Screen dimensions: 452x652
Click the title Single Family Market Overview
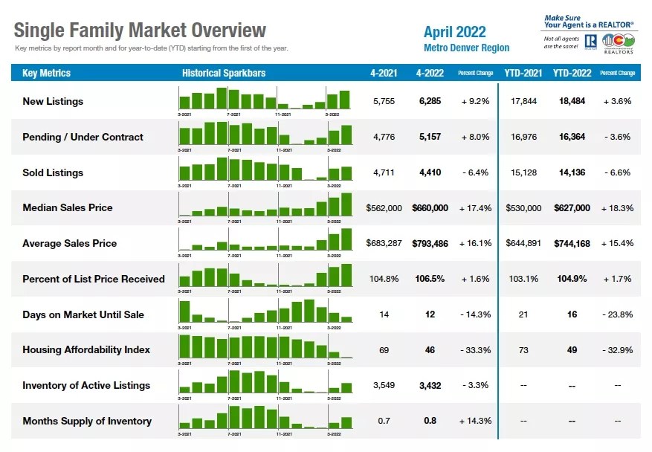[x=140, y=30]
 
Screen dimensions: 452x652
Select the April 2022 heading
[x=454, y=31]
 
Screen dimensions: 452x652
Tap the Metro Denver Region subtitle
[x=466, y=48]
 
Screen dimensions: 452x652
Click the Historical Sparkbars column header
[x=224, y=73]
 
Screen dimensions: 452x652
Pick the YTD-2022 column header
[x=572, y=73]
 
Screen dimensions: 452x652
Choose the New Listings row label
[x=53, y=101]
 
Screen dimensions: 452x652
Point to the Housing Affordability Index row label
[x=86, y=349]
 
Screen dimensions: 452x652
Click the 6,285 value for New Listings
[x=430, y=101]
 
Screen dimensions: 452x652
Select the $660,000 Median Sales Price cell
[x=430, y=208]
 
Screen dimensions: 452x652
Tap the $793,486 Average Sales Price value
[x=430, y=243]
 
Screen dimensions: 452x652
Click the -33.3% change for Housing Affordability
[x=475, y=349]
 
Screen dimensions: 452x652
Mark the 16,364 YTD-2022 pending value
[x=572, y=137]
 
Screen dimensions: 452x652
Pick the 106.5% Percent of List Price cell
[x=430, y=279]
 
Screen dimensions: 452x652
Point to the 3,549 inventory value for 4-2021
[x=384, y=385]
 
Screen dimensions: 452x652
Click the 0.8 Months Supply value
[x=430, y=421]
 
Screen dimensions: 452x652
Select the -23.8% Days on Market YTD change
[x=617, y=314]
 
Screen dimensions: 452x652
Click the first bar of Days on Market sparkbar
[x=184, y=311]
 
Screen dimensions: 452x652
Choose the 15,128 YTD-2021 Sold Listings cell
[x=523, y=172]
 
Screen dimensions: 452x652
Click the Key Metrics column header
[x=47, y=73]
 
